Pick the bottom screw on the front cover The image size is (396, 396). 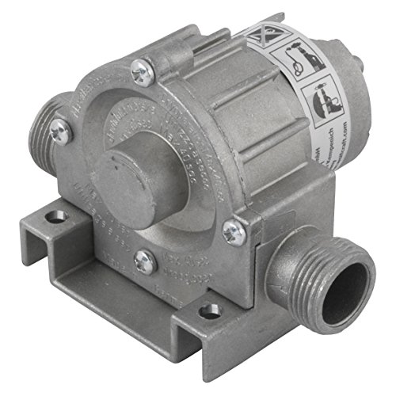144,262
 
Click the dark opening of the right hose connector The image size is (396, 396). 349,282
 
